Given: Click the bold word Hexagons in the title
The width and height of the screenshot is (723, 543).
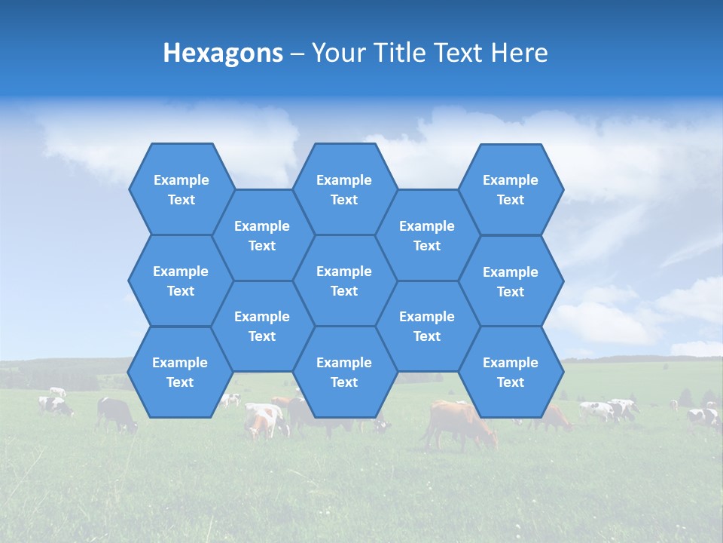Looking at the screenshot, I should [223, 53].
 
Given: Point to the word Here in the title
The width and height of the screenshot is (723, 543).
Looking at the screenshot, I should [520, 53].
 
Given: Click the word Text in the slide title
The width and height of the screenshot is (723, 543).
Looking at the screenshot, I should [459, 53].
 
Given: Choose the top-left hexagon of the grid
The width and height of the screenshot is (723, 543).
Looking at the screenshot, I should [181, 189].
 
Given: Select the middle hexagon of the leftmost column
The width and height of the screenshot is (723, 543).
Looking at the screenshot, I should [181, 281].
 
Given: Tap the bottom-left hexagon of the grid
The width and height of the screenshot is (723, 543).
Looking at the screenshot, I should [180, 372].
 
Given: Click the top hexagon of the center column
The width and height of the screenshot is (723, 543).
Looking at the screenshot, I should [344, 189].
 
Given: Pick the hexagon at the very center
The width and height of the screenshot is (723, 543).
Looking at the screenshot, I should [344, 281].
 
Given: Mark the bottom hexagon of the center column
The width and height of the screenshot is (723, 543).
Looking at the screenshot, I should [344, 372].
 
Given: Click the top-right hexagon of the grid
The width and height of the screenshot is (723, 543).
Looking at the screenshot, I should [511, 189].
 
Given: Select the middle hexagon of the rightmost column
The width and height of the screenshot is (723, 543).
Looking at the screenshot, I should [511, 281].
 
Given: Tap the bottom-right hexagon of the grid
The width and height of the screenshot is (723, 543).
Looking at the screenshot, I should [511, 372].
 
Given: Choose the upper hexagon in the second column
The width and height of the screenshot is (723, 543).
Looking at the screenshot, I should [262, 235].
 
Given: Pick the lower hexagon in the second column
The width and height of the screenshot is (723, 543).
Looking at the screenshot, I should [262, 326].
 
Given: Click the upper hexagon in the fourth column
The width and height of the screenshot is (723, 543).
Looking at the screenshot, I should [427, 235].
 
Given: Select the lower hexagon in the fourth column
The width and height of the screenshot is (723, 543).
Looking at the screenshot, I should [427, 326].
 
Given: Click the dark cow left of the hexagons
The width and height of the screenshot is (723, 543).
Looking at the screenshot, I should [116, 414].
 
